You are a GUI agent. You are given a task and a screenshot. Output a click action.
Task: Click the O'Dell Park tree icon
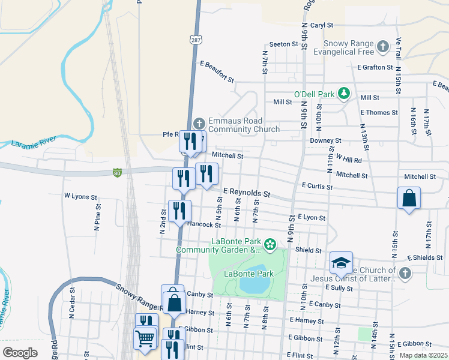(x=343, y=94)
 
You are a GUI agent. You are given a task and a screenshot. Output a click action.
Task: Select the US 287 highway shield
(x=197, y=40)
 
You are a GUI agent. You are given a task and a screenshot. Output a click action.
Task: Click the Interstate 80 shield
(x=117, y=173)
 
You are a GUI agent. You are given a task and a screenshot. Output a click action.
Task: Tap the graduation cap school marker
(x=340, y=263)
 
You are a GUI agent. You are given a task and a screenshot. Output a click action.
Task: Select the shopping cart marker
(x=146, y=340)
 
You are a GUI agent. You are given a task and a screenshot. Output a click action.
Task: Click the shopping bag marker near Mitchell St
(x=409, y=198)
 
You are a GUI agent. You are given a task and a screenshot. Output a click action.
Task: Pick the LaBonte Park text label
(x=249, y=274)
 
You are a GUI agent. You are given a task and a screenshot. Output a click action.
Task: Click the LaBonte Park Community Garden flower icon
(x=270, y=244)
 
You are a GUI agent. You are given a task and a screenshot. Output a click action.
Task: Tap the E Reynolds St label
(x=247, y=193)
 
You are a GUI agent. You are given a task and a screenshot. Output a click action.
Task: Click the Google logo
(x=20, y=353)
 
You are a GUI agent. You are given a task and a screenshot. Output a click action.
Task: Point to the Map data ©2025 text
(x=423, y=355)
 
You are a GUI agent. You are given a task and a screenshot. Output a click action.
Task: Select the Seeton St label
(x=283, y=44)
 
